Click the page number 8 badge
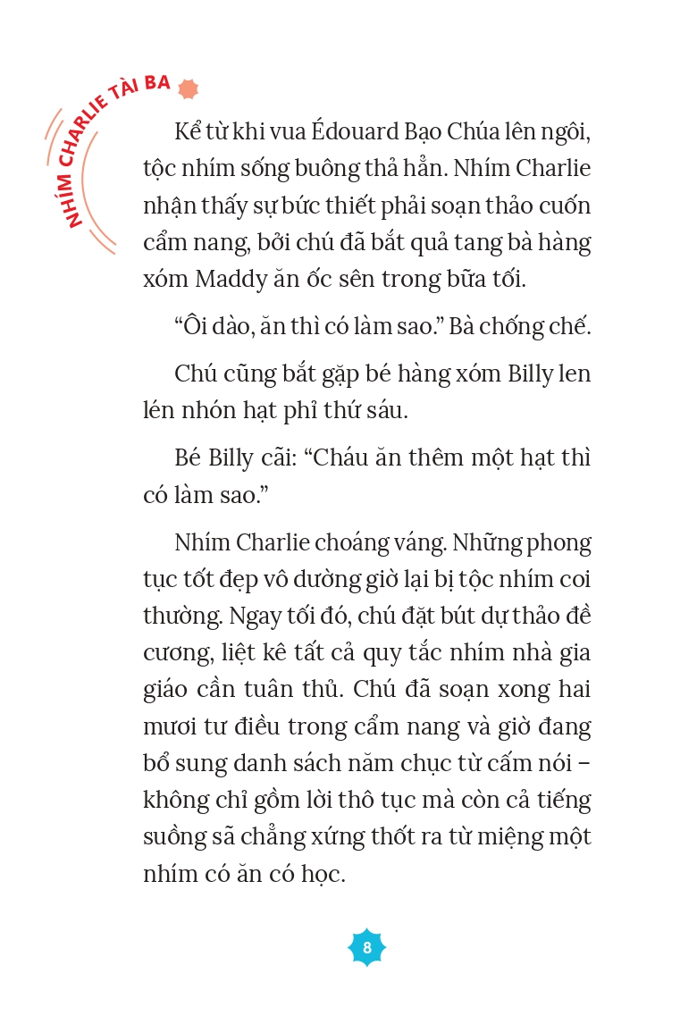coord(366,946)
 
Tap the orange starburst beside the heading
coord(188,88)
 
